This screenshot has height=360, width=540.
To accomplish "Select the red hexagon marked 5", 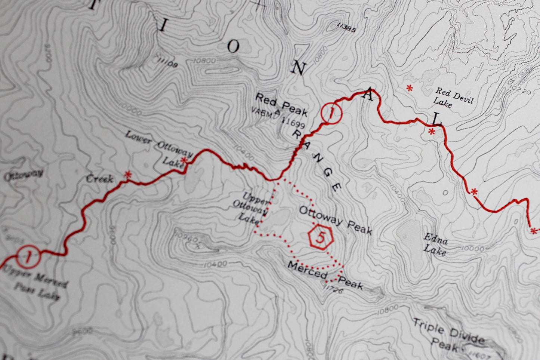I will point(320,237).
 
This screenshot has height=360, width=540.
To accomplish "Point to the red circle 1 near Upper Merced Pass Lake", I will point(28,257).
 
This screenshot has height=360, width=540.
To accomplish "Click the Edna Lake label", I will point(435,244).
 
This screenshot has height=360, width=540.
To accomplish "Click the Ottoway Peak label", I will point(335,221).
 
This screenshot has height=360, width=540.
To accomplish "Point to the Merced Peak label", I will point(324,277).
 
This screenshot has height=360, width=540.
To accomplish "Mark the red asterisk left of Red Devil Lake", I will point(410,89).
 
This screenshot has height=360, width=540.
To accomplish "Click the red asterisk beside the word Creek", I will point(128,175).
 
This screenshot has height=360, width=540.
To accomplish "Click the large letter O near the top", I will point(233,47).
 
